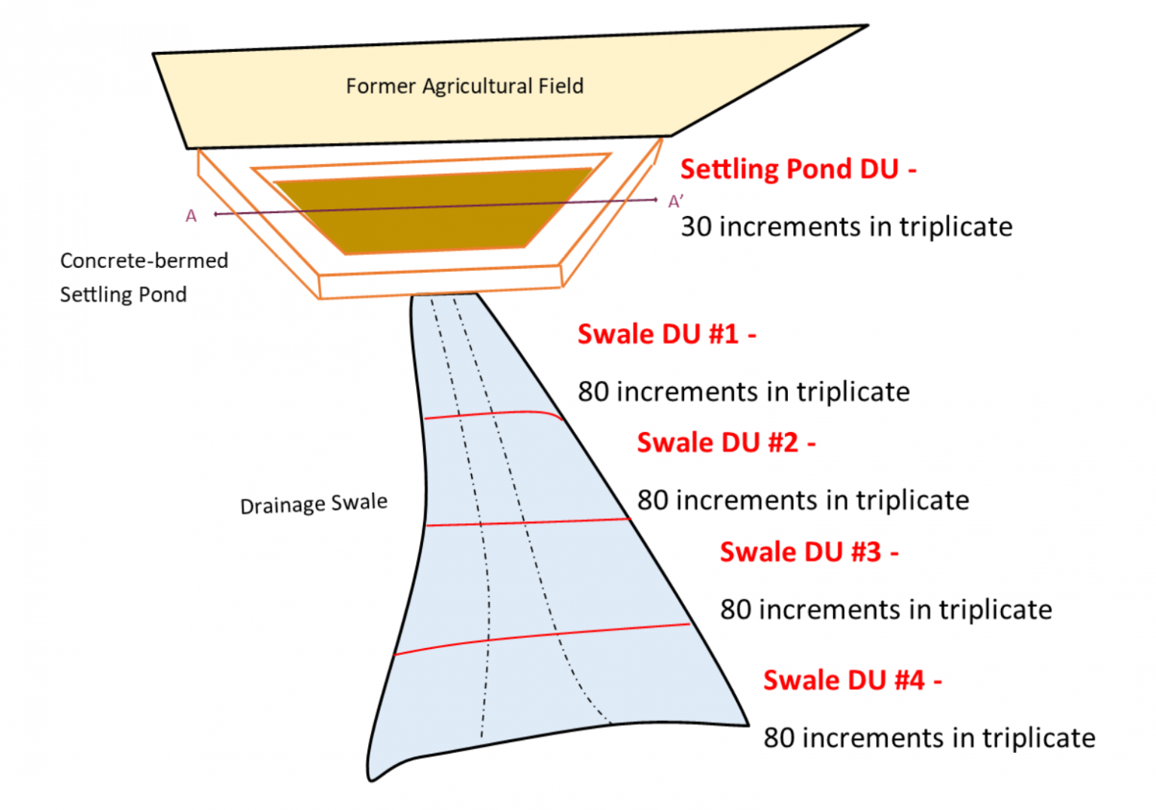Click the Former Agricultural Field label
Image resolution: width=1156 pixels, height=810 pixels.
pyautogui.click(x=464, y=87)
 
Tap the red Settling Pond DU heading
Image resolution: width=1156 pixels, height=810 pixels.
pyautogui.click(x=798, y=169)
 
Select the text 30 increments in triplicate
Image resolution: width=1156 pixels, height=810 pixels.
pyautogui.click(x=846, y=227)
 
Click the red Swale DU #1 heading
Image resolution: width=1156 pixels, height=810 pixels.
pyautogui.click(x=666, y=333)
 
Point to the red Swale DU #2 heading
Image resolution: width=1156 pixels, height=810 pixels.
pyautogui.click(x=726, y=443)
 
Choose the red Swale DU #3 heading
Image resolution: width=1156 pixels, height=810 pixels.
pyautogui.click(x=808, y=552)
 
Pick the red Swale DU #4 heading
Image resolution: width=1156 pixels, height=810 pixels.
pyautogui.click(x=852, y=681)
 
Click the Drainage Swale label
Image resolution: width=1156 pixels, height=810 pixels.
pyautogui.click(x=314, y=504)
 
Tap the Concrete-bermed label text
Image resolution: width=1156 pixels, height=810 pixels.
pyautogui.click(x=144, y=260)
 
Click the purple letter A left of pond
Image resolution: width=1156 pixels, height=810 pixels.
pyautogui.click(x=191, y=217)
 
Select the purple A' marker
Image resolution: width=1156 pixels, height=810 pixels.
pyautogui.click(x=676, y=202)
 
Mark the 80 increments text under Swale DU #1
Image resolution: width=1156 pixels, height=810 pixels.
pyautogui.click(x=744, y=392)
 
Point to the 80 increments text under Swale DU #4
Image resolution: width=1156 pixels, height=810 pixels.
pyautogui.click(x=929, y=738)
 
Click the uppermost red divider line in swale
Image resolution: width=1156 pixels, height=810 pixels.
pyautogui.click(x=489, y=414)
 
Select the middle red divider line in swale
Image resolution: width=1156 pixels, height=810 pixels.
pyautogui.click(x=527, y=522)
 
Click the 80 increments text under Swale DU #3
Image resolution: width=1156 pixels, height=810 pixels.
pyautogui.click(x=886, y=610)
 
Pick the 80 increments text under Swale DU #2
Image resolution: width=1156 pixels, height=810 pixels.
pyautogui.click(x=803, y=501)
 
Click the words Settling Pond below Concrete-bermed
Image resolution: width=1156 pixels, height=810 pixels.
pyautogui.click(x=123, y=294)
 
